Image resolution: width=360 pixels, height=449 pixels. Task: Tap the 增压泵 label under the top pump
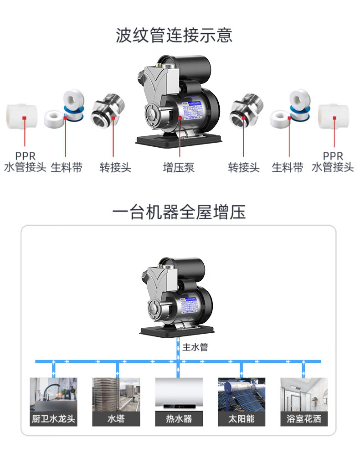pyautogui.click(x=179, y=167)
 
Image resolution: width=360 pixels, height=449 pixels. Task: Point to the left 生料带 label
pyautogui.click(x=67, y=167)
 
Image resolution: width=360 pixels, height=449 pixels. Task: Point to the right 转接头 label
pyautogui.click(x=244, y=167)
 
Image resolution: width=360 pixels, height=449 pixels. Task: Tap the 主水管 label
pyautogui.click(x=195, y=347)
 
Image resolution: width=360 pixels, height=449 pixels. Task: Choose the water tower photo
pyautogui.click(x=116, y=394)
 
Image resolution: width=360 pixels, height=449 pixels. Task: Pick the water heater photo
pyautogui.click(x=179, y=394)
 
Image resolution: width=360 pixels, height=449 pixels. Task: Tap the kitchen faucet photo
pyautogui.click(x=53, y=394)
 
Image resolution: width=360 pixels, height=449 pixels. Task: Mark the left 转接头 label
pyautogui.click(x=115, y=167)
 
